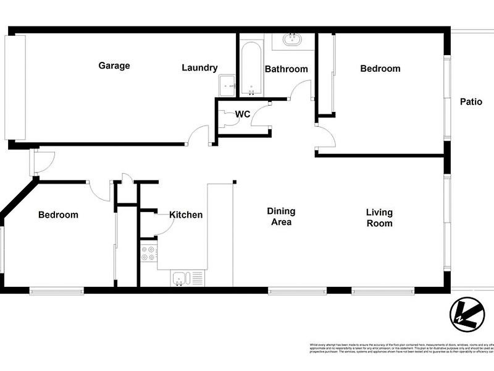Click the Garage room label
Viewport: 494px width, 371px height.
coord(114,66)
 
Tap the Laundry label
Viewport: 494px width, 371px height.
coord(199,68)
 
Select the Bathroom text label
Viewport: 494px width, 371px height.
coord(286,69)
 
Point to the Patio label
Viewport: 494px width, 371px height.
coord(471,102)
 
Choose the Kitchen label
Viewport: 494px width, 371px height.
coord(186,215)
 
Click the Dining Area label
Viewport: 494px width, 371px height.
coord(281,216)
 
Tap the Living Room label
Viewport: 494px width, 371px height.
coord(379,217)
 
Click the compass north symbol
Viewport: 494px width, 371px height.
coord(466,313)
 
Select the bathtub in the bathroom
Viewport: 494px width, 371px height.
coord(251,68)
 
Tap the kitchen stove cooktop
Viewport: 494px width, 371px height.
coord(148,253)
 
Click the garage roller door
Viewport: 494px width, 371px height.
coord(15,87)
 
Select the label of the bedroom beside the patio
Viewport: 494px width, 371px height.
coord(380,69)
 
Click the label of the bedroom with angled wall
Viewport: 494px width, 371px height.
coord(58,215)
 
